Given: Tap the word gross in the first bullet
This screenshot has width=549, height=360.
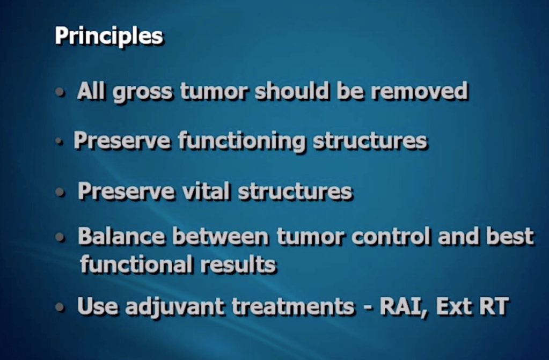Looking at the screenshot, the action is [x=143, y=92].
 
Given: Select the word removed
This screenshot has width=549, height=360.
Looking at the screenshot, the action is [x=420, y=91].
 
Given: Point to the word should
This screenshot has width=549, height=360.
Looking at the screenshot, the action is [x=292, y=91].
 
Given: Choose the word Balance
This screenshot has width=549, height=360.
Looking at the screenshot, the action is [x=121, y=236].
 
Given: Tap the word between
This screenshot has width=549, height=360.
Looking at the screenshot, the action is [x=220, y=236].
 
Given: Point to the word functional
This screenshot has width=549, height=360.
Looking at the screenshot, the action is [x=136, y=264].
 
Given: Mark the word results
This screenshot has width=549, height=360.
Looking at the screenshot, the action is [x=238, y=264].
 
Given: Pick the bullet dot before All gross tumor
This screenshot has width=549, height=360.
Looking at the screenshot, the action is [x=60, y=92].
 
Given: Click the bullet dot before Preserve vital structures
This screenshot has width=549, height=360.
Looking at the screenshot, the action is [x=60, y=192].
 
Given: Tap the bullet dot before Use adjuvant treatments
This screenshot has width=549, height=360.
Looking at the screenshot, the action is [x=60, y=307].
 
